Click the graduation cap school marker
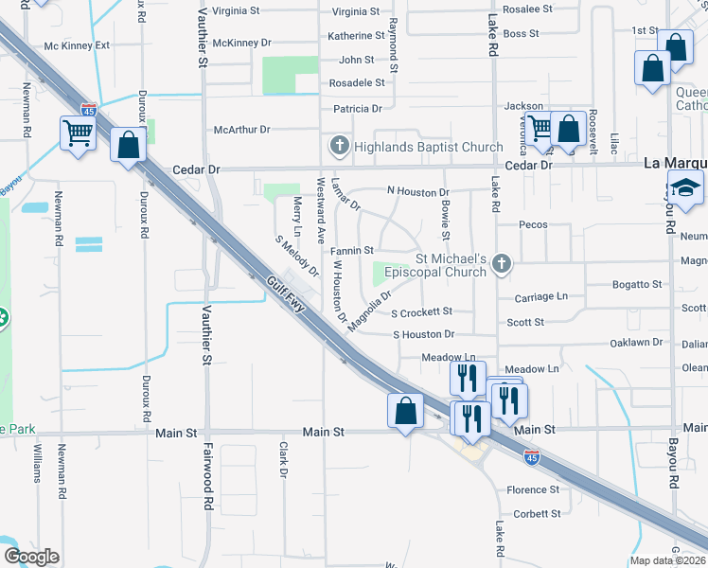tap(685, 189)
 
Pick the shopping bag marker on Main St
tap(405, 411)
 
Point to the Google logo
tap(31, 557)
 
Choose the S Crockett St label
tap(422, 311)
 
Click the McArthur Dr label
tap(241, 129)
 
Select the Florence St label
tap(533, 489)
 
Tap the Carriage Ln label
tap(540, 296)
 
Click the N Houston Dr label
tap(417, 190)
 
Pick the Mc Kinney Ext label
tap(78, 44)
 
